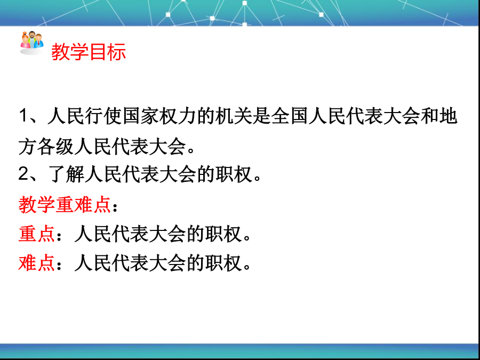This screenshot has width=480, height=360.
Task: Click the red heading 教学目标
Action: pos(89,51)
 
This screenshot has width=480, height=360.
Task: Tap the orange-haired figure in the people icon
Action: pos(25,41)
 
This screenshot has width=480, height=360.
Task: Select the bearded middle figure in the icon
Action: pos(32,38)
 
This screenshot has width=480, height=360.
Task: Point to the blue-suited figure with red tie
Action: pos(38,41)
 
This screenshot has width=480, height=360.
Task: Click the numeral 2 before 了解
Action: pos(23,174)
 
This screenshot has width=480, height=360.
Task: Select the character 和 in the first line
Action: pos(430,116)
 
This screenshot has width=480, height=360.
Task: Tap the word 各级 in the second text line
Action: pos(55,147)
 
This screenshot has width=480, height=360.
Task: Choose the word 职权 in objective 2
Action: pos(234,174)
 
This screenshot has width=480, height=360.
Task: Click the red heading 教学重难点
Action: pos(65,204)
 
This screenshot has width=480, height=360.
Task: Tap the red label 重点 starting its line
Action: pos(37,234)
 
